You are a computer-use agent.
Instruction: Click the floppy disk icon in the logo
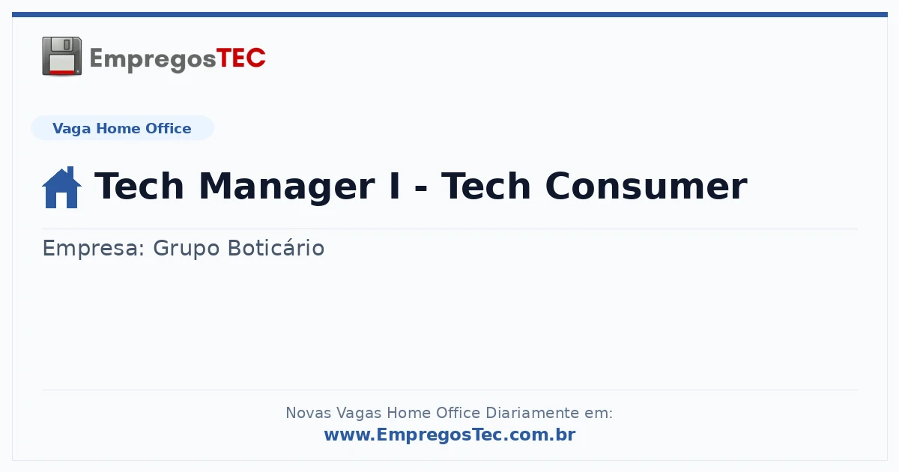point(61,56)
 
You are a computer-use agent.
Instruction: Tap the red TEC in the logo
point(240,58)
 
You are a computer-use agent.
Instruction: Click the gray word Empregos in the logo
point(153,60)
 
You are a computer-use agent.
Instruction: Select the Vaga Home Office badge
point(122,128)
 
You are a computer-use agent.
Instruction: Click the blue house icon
point(61,187)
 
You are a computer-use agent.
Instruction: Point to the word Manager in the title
point(287,187)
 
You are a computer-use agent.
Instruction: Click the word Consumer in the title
point(646,187)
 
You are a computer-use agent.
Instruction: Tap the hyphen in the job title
point(420,188)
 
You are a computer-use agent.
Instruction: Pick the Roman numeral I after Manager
point(395,186)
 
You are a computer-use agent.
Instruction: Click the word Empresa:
point(93,248)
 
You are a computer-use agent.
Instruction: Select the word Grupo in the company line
point(187,249)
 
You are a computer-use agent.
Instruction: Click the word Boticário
point(276,247)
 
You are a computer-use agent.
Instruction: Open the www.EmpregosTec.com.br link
point(450,435)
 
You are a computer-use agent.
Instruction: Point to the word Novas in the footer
point(307,413)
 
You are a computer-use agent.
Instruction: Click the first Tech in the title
point(139,186)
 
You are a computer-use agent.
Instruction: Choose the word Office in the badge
point(168,128)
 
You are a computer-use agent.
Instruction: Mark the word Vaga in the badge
point(71,129)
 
